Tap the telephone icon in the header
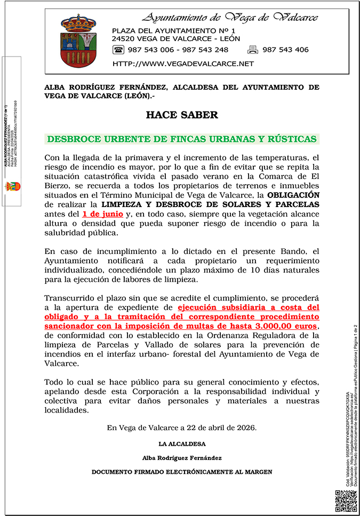pos(118,50)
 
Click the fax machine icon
pos(253,50)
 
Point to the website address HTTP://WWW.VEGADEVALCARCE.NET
pos(183,64)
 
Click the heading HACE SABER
pos(182,115)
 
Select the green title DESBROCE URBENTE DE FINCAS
pos(182,139)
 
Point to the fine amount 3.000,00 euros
pos(286,326)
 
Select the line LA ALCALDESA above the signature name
pos(182,444)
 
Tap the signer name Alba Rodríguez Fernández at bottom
pos(182,458)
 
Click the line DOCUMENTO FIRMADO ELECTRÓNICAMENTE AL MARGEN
pos(182,472)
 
